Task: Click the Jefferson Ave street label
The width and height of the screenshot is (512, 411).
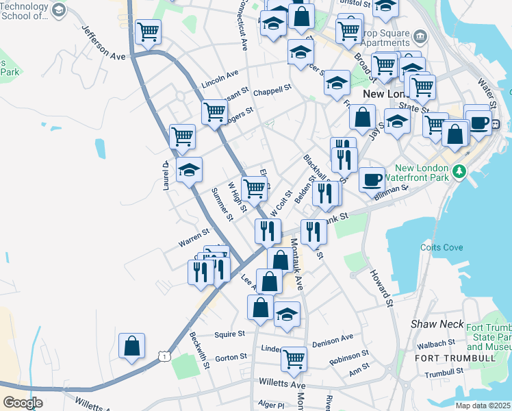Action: coord(104,43)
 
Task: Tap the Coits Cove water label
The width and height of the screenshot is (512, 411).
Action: coord(438,247)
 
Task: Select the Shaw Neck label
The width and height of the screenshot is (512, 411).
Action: coord(437,323)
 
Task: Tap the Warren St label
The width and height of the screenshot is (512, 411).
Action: coord(194,238)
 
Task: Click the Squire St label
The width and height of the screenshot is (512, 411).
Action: coord(229,334)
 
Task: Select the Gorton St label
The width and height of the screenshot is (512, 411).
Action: coord(231,358)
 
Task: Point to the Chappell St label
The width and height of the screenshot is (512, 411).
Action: coord(272,90)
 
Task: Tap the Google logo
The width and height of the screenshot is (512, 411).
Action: coord(23,403)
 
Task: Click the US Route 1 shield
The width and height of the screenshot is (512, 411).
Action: coord(163,355)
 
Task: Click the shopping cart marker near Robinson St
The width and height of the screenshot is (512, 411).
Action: coord(294,357)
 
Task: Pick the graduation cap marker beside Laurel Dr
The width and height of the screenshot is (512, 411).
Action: coord(189,171)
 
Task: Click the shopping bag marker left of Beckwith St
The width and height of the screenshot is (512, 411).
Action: coord(131,346)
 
